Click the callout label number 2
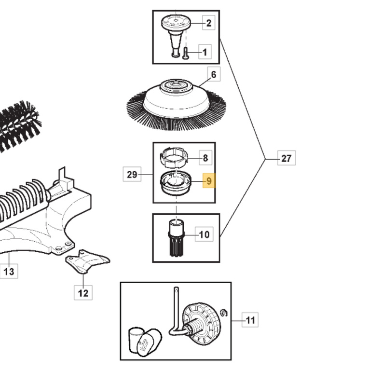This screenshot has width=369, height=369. [x=208, y=23]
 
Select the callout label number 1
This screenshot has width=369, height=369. [x=204, y=52]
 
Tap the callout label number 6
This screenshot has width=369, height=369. [x=213, y=74]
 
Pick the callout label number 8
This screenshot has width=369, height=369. [x=205, y=158]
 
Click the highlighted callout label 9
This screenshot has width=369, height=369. [x=209, y=181]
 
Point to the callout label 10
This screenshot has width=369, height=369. [x=205, y=235]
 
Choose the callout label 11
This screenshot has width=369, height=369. [x=250, y=320]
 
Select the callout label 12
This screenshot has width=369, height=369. [x=83, y=292]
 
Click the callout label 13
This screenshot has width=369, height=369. [x=9, y=272]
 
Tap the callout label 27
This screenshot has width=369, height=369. [x=286, y=158]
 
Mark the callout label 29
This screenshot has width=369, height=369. [x=132, y=174]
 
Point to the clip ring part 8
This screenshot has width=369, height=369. [x=173, y=157]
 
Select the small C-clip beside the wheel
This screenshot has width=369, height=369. [x=222, y=314]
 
